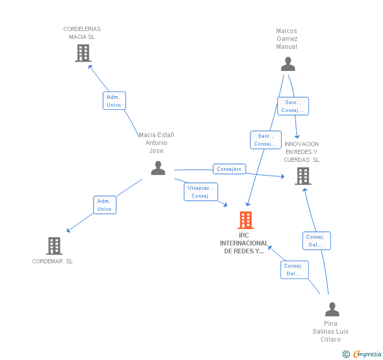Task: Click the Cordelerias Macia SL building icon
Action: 83,53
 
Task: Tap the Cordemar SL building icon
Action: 54,245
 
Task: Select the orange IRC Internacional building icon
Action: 246,220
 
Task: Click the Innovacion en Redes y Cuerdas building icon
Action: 303,176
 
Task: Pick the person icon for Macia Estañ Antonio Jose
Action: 158,168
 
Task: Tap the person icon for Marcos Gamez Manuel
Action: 288,64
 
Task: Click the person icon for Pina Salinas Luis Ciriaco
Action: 332,310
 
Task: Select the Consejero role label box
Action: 229,169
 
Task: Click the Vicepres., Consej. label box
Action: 200,192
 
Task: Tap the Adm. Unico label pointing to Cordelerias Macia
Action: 114,101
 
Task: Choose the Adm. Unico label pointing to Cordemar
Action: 105,205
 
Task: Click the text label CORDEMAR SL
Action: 53,261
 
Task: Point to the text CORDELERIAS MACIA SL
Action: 82,33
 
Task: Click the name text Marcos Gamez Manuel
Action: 287,39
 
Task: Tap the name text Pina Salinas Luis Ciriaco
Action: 330,331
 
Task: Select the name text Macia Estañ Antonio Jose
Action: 156,143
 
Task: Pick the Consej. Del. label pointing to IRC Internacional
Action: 294,270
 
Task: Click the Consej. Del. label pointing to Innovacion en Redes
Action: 316,241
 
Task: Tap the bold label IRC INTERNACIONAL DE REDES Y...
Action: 244,243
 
